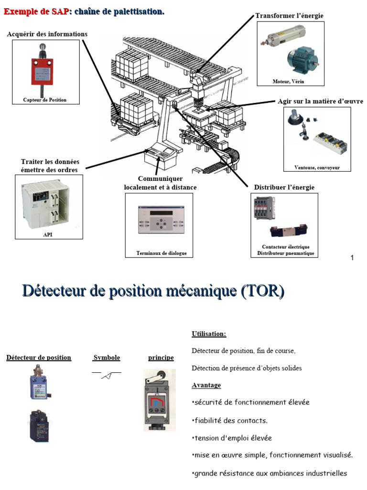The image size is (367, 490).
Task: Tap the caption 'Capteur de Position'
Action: click(x=45, y=100)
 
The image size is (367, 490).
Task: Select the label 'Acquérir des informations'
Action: click(x=47, y=34)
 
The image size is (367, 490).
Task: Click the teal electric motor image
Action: click(x=302, y=59)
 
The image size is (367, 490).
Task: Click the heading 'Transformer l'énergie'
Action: click(x=289, y=16)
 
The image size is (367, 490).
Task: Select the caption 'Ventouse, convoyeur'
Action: click(x=317, y=167)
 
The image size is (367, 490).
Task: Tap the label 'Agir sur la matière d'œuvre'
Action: click(x=320, y=101)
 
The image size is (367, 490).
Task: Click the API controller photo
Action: click(x=45, y=205)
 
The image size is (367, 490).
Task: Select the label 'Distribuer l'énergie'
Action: click(x=284, y=187)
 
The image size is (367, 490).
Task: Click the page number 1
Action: click(x=352, y=258)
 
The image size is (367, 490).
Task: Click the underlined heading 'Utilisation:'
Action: click(x=209, y=334)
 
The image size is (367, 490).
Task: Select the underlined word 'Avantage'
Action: click(x=206, y=385)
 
